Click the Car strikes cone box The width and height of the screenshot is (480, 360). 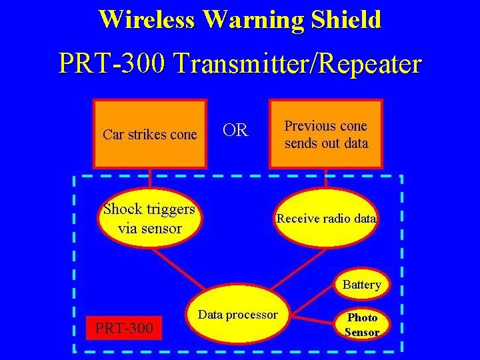pyautogui.click(x=149, y=133)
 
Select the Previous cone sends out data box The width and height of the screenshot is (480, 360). pyautogui.click(x=325, y=133)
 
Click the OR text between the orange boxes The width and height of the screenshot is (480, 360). pyautogui.click(x=235, y=130)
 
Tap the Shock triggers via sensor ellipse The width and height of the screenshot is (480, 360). pyautogui.click(x=149, y=218)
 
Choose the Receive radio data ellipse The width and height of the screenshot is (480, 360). pyautogui.click(x=326, y=218)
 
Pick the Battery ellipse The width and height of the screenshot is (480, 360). pyautogui.click(x=361, y=285)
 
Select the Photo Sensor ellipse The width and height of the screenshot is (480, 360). pyautogui.click(x=362, y=324)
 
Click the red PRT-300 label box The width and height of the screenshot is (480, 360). pyautogui.click(x=124, y=328)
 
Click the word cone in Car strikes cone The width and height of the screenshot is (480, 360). pyautogui.click(x=183, y=135)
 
